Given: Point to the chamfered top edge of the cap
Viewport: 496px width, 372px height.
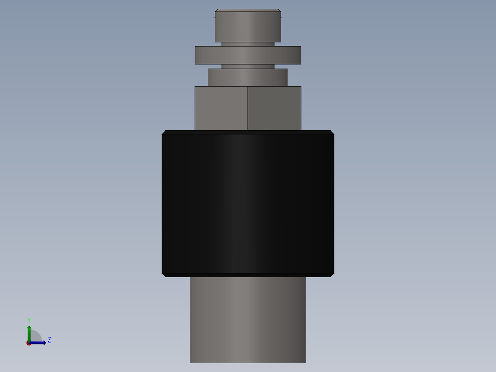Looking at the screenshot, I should coord(248,10).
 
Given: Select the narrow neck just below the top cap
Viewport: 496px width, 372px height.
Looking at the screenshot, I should coord(248,44).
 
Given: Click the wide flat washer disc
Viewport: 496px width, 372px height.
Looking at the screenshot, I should coord(248,55).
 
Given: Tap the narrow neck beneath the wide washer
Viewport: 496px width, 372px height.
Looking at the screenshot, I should coord(248,66).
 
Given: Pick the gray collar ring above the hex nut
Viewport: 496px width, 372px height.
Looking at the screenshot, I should coord(248,77).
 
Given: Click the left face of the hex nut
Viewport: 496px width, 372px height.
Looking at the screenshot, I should coord(221,108).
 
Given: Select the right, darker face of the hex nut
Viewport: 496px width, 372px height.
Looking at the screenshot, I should coord(274,108).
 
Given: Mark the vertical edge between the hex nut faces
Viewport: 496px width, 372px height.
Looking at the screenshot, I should coord(248,108).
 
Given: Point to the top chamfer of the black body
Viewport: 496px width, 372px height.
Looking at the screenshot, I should coord(248,132).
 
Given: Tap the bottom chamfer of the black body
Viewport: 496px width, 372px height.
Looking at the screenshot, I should coord(248,275).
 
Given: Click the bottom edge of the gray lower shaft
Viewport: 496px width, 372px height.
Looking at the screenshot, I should coord(248,362).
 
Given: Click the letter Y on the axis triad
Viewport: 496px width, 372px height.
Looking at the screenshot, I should coord(29,320).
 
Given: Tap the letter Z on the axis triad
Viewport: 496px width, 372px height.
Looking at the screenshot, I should coord(49,340).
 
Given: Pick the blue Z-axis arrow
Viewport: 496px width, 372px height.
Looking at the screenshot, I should coord(40,343).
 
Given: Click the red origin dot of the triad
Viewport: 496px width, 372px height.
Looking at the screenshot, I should coord(29,343).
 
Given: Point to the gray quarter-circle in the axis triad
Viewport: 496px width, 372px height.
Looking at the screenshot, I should coord(35,337).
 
